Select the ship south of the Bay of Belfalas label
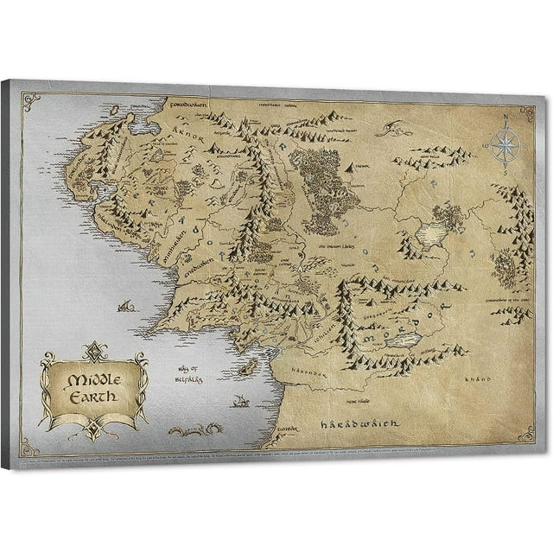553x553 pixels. click(x=242, y=401)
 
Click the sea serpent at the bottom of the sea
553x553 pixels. click(x=194, y=429)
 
